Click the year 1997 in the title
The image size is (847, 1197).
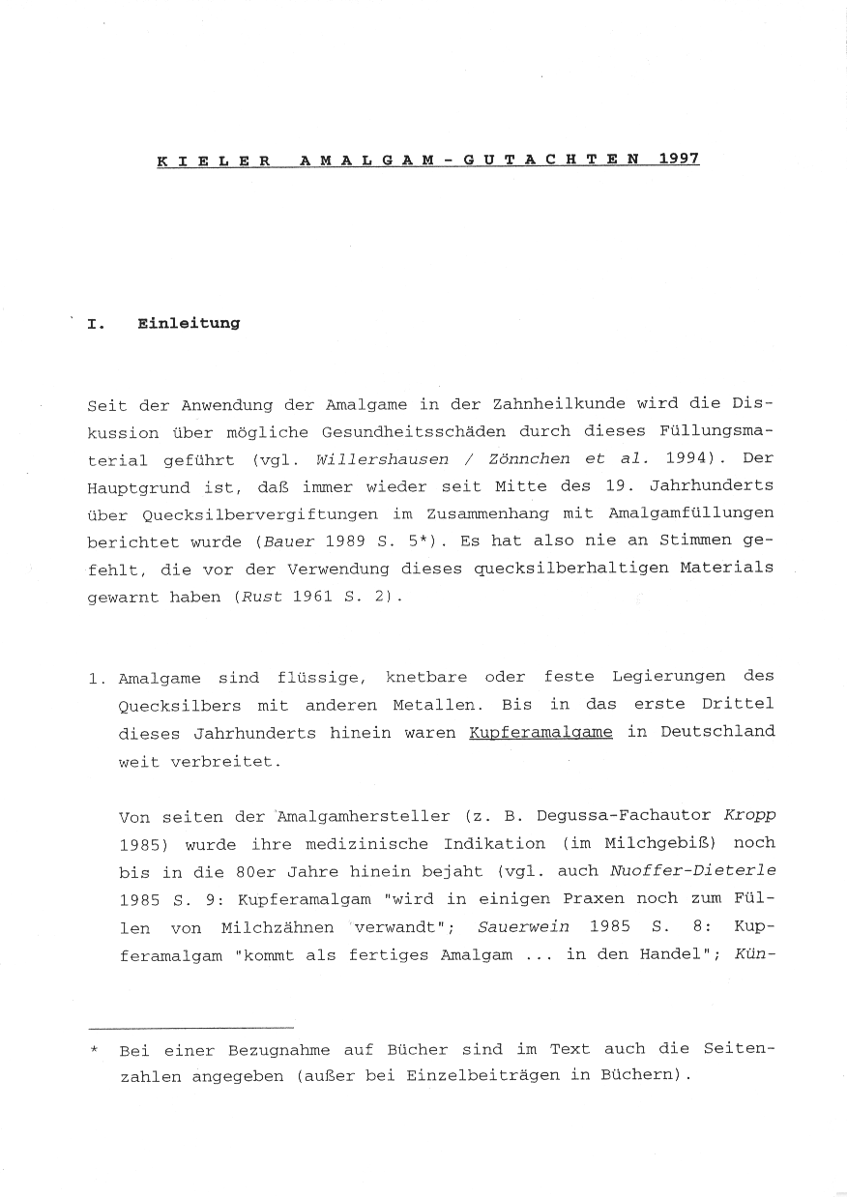(678, 158)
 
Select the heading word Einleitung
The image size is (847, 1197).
(189, 323)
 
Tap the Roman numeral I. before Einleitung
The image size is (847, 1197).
(97, 324)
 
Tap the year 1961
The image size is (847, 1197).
(312, 598)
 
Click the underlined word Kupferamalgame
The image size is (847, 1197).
(540, 732)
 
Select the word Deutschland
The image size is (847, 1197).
(717, 732)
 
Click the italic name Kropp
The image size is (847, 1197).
(750, 817)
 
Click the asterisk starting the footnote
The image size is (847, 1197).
(95, 1049)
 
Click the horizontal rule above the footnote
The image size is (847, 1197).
(190, 1026)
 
